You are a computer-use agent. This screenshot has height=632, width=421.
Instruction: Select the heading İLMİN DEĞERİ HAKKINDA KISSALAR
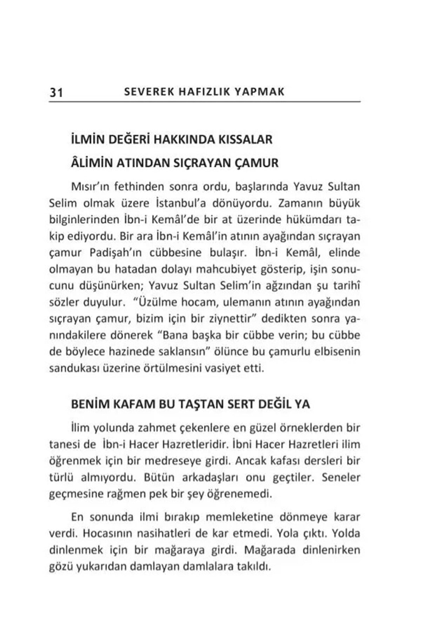coord(172,140)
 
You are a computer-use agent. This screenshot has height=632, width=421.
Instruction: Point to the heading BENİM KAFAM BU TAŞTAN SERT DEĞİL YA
coord(190,404)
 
